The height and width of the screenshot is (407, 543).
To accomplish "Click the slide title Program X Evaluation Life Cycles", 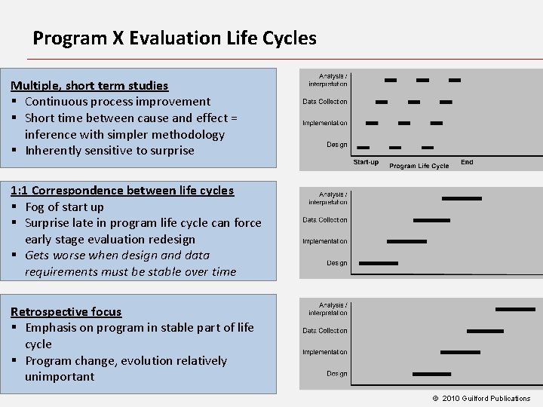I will [174, 38].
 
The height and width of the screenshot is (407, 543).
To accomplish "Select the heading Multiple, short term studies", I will [89, 85].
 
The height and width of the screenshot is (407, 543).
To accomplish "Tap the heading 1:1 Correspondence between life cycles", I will [122, 190].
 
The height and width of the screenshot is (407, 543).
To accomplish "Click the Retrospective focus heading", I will [66, 311].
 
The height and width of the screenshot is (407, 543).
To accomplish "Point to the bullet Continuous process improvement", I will [117, 101].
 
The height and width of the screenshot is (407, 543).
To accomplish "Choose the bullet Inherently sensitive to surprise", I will [109, 150].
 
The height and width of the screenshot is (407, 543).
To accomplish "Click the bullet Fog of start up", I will [64, 207].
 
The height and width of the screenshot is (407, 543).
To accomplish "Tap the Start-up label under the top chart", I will [366, 162].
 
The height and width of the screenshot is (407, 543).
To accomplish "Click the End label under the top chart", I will [467, 162].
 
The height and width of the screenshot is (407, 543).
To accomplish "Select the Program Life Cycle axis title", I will [419, 166].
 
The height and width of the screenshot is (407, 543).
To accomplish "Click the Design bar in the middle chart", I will [378, 263].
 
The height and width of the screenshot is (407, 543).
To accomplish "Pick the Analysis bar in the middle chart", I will [462, 198].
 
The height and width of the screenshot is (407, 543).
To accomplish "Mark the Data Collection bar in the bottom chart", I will [485, 331].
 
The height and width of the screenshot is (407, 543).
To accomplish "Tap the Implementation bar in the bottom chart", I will [460, 352].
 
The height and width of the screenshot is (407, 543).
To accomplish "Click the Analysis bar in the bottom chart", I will [516, 309].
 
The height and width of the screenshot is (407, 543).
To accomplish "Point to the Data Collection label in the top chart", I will [325, 101].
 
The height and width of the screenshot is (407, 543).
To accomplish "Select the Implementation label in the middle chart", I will [325, 241].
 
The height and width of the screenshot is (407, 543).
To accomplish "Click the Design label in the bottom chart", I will [336, 373].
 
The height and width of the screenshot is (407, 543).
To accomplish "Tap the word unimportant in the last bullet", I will [60, 376].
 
